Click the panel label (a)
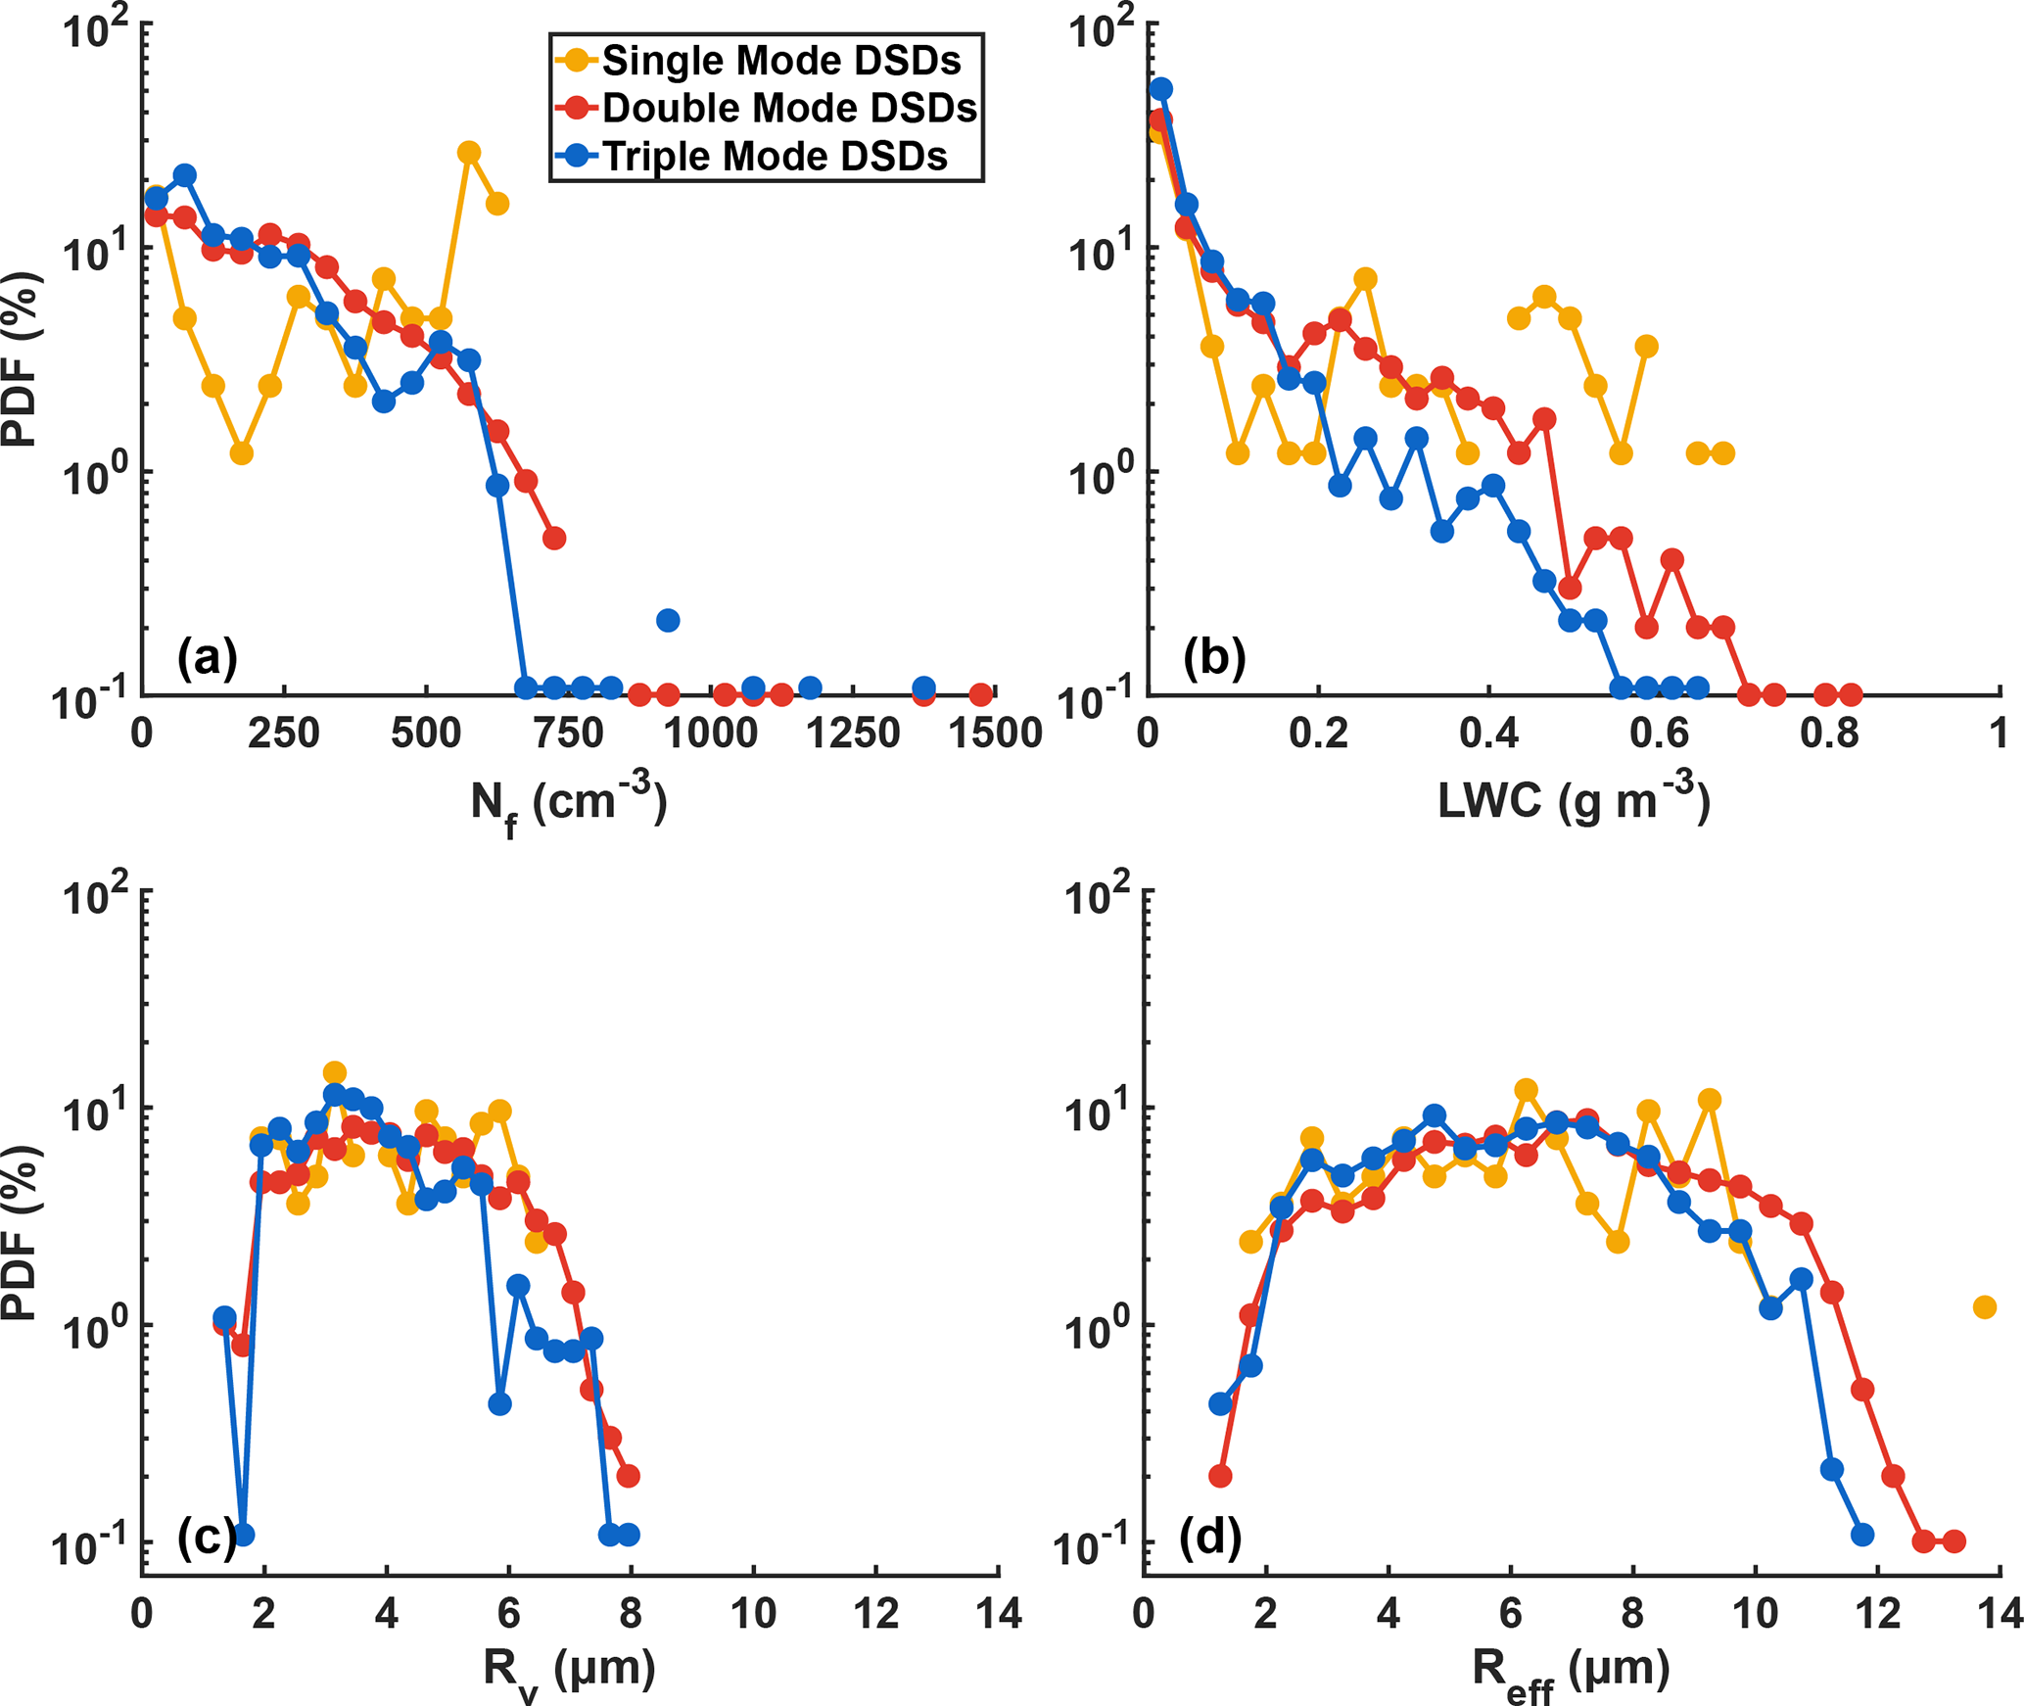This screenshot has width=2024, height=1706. point(207,657)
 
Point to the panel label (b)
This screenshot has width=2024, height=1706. point(1214,657)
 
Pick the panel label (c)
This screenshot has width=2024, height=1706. point(207,1539)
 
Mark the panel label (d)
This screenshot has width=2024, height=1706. point(1210,1539)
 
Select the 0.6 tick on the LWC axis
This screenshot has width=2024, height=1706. point(1660,734)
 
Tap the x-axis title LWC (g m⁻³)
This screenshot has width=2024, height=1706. point(1574,801)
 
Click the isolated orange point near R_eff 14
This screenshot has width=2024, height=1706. point(1984,1306)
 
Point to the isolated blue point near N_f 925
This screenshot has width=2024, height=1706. point(668,620)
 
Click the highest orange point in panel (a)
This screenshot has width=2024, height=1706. point(469,152)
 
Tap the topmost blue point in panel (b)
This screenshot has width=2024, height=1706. point(1161,89)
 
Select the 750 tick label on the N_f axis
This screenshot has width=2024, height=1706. point(569,734)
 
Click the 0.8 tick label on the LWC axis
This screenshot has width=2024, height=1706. point(1829,734)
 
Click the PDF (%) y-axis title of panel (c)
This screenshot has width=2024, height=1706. point(20,1234)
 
